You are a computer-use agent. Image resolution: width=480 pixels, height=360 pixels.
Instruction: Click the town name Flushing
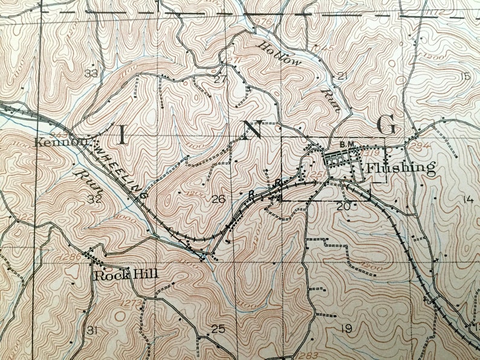401,168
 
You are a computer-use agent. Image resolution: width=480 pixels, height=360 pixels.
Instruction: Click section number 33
91,74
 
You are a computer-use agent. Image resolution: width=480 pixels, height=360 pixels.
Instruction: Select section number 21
343,76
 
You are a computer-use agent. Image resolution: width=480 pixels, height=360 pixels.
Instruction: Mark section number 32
94,199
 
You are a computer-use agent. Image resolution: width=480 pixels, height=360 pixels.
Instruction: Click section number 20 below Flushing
343,207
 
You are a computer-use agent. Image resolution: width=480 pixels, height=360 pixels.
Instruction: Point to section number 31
91,330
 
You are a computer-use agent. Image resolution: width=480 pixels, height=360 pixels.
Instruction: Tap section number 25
218,329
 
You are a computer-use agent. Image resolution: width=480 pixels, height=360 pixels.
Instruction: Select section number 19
346,329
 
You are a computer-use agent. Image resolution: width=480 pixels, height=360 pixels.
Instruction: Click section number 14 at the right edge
467,200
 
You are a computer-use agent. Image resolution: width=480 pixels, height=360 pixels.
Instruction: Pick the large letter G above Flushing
386,126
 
